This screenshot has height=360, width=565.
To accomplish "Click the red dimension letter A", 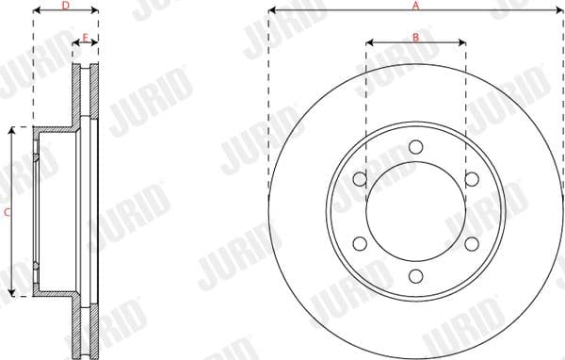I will click(x=415, y=6).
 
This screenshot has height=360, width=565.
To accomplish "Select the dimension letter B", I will click(x=415, y=37).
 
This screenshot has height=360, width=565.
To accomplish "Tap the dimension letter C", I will click(x=7, y=213).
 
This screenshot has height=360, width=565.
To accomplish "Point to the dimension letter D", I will click(x=65, y=6).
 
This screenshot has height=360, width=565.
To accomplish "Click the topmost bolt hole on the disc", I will click(x=415, y=146).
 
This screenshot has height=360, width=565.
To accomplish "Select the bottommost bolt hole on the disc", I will click(x=415, y=277).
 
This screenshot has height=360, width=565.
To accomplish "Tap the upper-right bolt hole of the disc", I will click(x=472, y=179).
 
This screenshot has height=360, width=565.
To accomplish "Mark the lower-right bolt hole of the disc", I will click(x=472, y=244).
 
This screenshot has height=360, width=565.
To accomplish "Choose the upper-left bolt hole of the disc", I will click(x=359, y=179).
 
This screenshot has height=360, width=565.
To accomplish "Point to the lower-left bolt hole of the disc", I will click(x=359, y=244).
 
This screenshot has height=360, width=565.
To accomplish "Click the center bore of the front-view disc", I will click(x=415, y=212).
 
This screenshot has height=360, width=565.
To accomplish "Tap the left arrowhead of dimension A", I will click(x=271, y=11).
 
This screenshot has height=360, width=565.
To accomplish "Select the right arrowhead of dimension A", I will click(x=560, y=11).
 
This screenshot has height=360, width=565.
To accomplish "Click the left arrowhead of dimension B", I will click(x=368, y=42).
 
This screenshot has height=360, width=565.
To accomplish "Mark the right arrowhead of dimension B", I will click(x=463, y=42).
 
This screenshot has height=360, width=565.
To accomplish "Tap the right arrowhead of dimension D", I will click(x=96, y=12).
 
